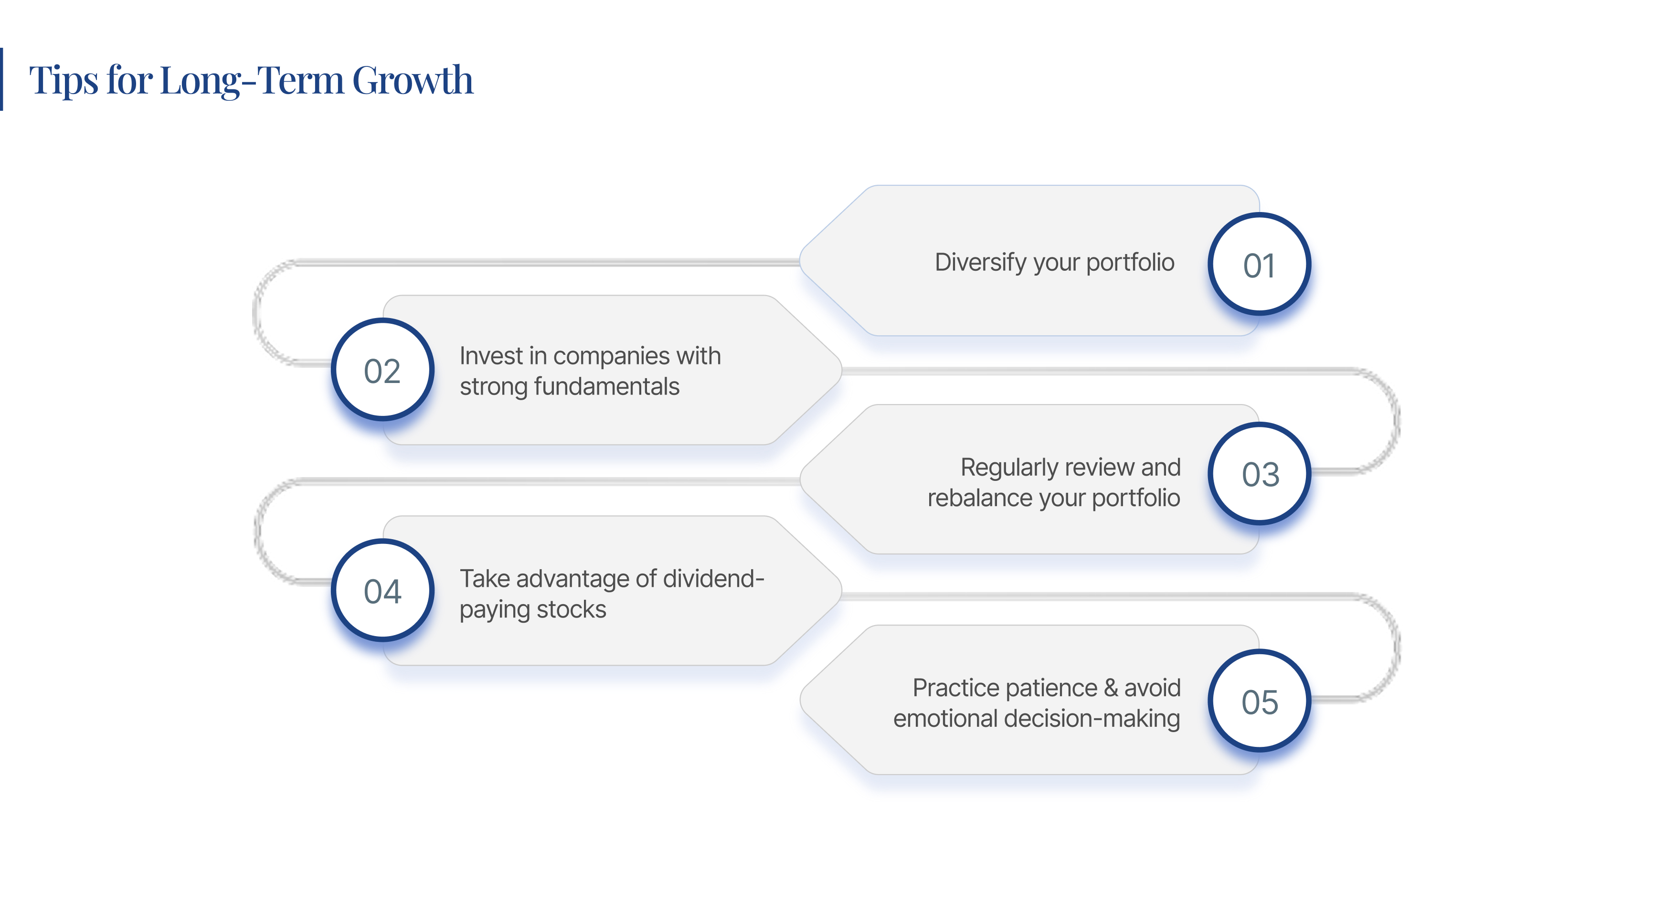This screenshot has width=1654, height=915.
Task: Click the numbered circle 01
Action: pos(1259,264)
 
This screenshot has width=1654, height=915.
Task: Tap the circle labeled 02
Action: pos(382,370)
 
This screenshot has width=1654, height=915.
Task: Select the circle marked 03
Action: pos(1259,474)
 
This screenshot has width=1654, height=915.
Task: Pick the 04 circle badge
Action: pos(382,591)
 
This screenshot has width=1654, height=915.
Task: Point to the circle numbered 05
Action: pos(1259,701)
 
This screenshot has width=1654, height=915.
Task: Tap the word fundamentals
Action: pos(606,386)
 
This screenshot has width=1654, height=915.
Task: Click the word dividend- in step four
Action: pos(713,578)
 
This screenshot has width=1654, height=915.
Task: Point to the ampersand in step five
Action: pos(1111,688)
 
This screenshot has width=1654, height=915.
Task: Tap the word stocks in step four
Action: pos(571,609)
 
